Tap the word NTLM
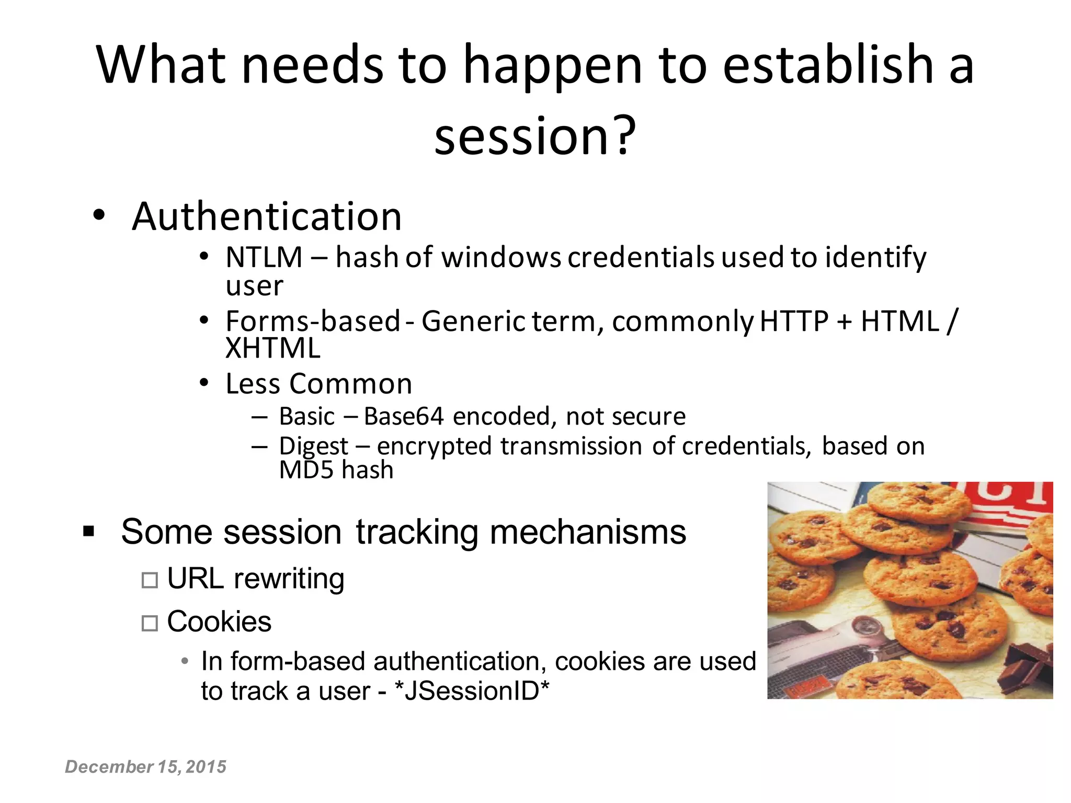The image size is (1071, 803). (x=264, y=257)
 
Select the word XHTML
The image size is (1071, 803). (x=272, y=348)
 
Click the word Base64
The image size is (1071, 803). (x=404, y=417)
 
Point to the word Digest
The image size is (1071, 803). (x=313, y=447)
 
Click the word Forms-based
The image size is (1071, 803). (x=313, y=321)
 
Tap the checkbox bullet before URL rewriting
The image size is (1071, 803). (x=150, y=580)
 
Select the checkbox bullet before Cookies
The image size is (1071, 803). (x=150, y=623)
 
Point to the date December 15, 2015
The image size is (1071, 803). (x=145, y=767)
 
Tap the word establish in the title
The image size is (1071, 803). (x=828, y=65)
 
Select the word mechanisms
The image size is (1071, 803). (x=588, y=532)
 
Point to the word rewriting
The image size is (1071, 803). (x=289, y=579)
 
